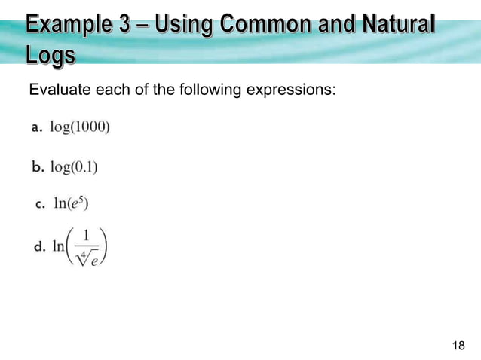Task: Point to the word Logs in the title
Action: coord(51,56)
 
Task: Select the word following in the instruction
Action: coord(208,92)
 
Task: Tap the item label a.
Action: coord(36,128)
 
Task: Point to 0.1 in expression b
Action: coord(84,166)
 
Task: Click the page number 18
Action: coord(458,346)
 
